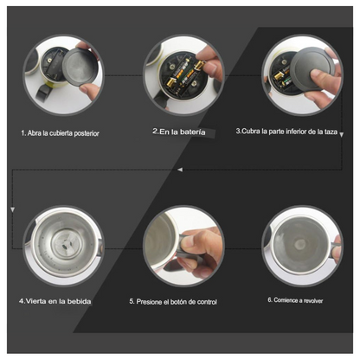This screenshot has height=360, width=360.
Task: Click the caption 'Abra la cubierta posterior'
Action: click(63, 133)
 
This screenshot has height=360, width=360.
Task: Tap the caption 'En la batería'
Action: click(183, 132)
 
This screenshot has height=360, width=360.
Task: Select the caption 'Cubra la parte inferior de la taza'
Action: click(289, 132)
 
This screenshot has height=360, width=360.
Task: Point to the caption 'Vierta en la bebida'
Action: click(59, 301)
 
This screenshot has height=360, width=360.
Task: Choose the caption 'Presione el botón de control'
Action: click(177, 302)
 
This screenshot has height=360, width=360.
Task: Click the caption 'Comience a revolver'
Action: click(299, 300)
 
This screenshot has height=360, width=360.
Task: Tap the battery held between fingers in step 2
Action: click(200, 65)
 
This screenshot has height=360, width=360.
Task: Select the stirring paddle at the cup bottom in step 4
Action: click(66, 244)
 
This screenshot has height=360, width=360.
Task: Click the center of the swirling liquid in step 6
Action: click(300, 245)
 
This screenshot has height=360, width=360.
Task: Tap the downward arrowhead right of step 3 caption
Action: click(341, 135)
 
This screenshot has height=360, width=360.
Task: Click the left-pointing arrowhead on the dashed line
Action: click(180, 170)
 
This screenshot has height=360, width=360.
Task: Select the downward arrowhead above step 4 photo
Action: click(12, 209)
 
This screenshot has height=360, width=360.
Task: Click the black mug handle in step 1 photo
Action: click(43, 93)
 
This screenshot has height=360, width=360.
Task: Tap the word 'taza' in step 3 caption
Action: click(331, 132)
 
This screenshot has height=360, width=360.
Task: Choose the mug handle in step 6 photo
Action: click(336, 248)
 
